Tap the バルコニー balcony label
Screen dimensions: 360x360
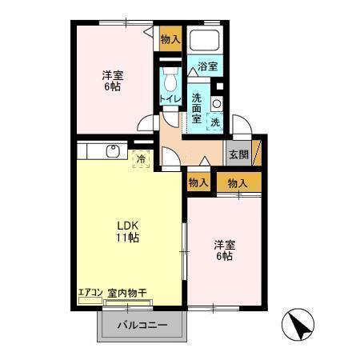(143, 326)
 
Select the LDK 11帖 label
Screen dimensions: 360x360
(129, 231)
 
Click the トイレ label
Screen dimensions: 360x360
(170, 99)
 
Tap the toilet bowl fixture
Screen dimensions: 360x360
(169, 80)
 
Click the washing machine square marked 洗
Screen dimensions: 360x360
(214, 122)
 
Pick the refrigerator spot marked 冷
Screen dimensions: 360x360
(141, 159)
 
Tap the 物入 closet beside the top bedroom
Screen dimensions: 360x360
(170, 38)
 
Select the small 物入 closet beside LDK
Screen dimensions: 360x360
(198, 183)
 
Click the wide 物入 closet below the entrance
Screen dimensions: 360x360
(238, 183)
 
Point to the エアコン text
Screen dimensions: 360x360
(91, 293)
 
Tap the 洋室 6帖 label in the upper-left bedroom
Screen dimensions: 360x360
(113, 81)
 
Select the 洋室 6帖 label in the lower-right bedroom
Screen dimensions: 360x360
(223, 250)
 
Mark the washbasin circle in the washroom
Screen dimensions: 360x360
(216, 103)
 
